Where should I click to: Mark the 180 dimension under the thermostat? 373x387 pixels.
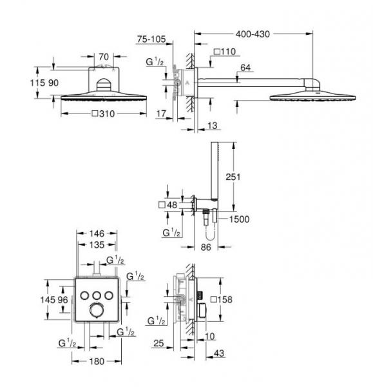(x=96, y=361)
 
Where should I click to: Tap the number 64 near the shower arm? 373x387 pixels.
(x=245, y=66)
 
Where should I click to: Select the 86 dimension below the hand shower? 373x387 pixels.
(x=206, y=247)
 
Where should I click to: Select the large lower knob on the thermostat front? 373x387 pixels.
(x=96, y=312)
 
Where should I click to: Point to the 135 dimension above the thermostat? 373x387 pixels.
(x=96, y=245)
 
